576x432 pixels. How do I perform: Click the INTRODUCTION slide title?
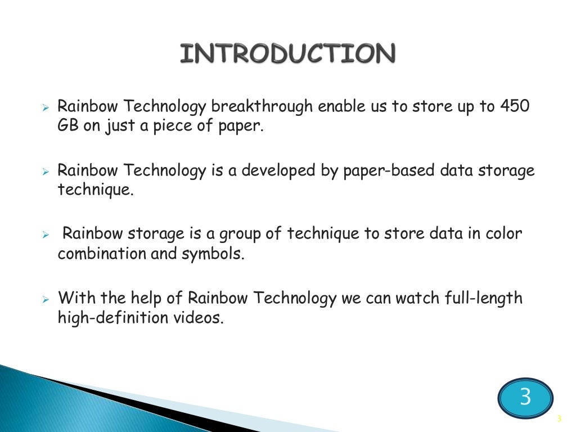pyautogui.click(x=287, y=54)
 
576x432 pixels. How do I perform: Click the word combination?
pyautogui.click(x=102, y=253)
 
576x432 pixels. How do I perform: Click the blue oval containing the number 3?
pyautogui.click(x=525, y=397)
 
